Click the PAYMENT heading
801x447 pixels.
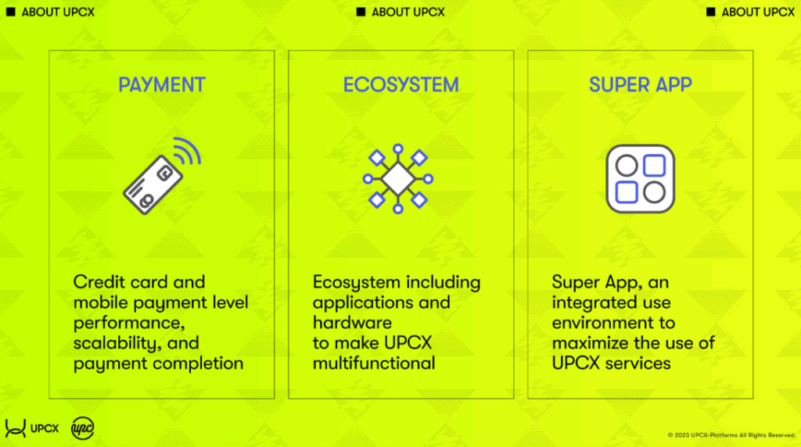[161, 84]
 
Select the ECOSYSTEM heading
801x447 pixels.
[401, 84]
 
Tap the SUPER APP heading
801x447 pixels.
[640, 84]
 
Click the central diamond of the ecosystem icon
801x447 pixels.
[398, 179]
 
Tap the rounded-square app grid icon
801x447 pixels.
[640, 179]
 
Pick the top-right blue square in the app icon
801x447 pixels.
[654, 166]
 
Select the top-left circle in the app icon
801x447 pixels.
[627, 166]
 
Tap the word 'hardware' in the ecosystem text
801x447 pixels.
[352, 323]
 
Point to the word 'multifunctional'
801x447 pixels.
[374, 363]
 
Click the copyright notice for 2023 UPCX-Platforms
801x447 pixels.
[731, 435]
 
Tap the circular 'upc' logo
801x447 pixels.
[82, 428]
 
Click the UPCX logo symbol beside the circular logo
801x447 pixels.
[16, 428]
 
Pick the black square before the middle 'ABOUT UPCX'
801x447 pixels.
[361, 12]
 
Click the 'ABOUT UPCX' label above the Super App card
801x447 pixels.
[758, 12]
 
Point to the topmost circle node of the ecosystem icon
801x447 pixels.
[398, 149]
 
